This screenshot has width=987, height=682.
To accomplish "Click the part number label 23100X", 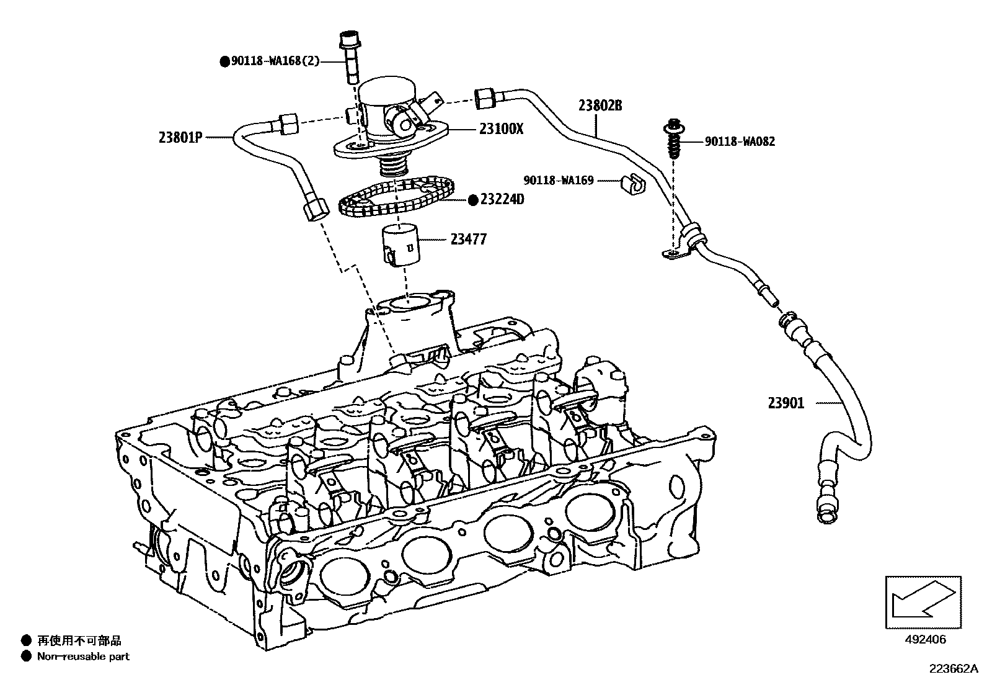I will coord(501,129).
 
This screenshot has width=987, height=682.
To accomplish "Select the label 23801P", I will coord(180,138).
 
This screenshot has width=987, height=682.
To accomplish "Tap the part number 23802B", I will coord(600,105).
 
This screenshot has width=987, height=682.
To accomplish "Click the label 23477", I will coord(468,238).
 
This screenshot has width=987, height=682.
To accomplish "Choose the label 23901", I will coord(786,403).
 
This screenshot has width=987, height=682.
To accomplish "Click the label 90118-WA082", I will coord(740,141).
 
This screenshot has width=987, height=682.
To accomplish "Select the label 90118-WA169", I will coord(559,181).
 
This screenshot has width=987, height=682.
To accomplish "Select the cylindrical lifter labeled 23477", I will coord(400,246).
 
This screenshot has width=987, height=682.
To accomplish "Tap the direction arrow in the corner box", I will coord(923,600).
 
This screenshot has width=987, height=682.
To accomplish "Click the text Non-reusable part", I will coord(83,656).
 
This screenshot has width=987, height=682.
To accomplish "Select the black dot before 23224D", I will coord(472,199).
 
